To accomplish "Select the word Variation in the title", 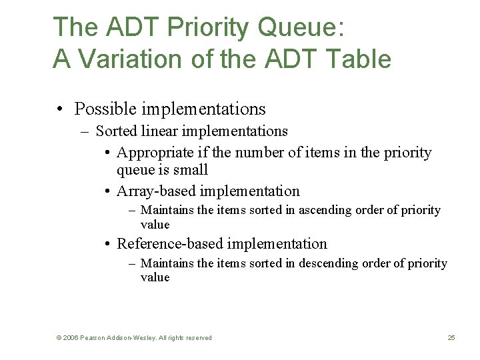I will click(x=127, y=60).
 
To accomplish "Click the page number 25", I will click(x=451, y=338).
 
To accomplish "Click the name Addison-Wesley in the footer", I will click(x=133, y=338).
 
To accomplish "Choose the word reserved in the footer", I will click(x=198, y=338).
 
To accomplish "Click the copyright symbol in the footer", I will click(x=59, y=338).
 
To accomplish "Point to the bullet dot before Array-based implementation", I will click(x=107, y=192).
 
